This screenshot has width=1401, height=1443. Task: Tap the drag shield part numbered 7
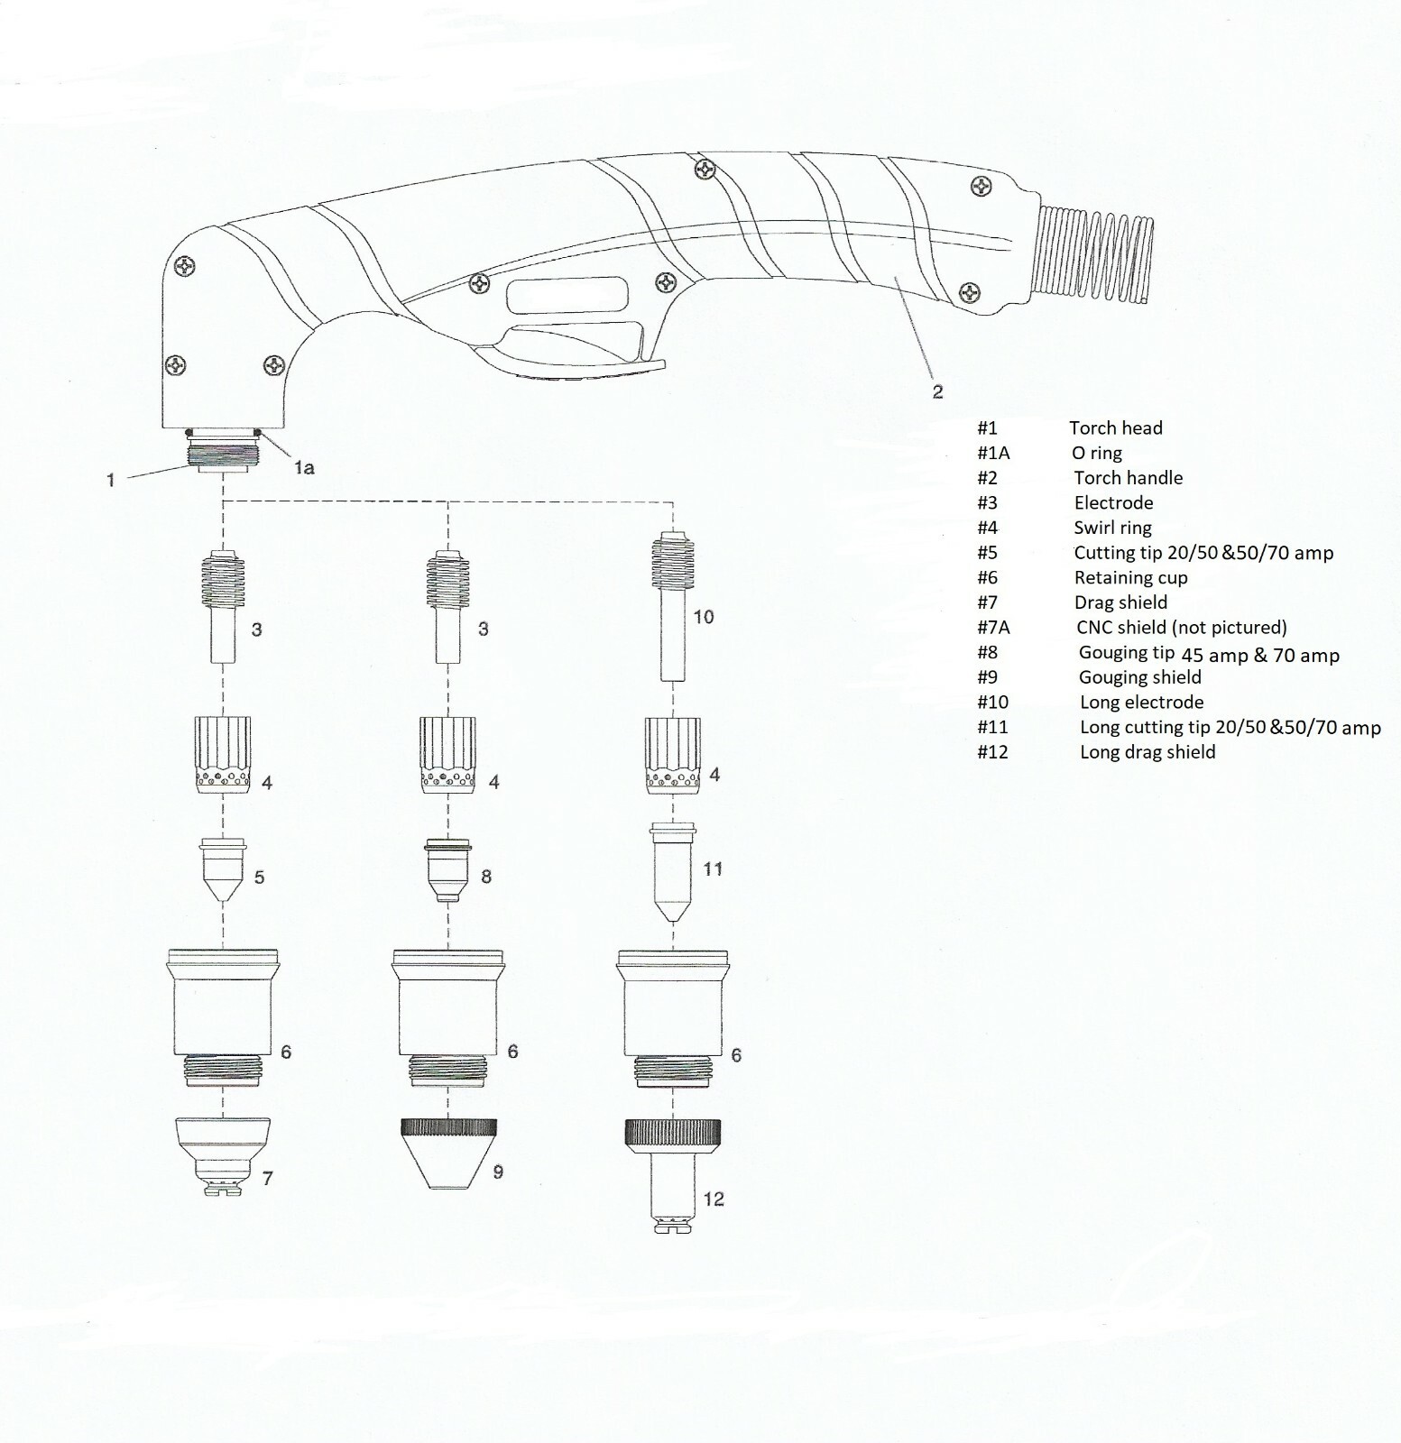(222, 1155)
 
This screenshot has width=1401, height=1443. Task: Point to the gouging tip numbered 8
(448, 870)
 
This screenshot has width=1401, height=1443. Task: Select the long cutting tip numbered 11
(673, 871)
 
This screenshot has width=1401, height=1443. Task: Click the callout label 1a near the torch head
(303, 467)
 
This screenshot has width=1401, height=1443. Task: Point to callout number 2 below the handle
(937, 391)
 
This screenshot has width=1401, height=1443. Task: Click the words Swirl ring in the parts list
(1112, 528)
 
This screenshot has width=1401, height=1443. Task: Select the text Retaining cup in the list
(1130, 577)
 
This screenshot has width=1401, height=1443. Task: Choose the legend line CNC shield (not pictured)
(1181, 627)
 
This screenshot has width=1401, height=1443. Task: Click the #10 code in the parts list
(992, 702)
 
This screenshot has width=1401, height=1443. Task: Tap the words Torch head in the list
(1116, 427)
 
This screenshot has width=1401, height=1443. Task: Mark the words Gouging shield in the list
(1140, 677)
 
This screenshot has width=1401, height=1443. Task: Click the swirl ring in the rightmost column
(673, 756)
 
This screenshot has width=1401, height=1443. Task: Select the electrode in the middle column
(448, 607)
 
